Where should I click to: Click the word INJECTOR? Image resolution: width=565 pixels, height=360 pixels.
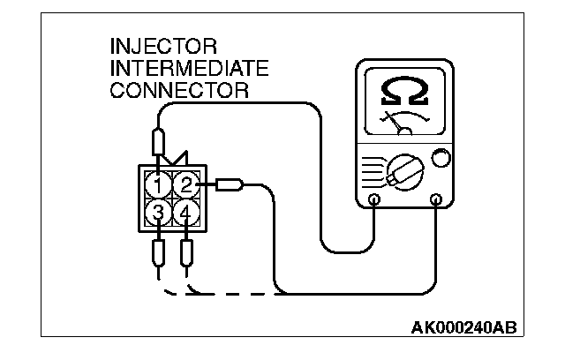click(164, 46)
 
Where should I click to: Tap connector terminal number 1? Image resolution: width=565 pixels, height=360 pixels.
click(158, 185)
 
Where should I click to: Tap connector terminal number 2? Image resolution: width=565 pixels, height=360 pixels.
click(185, 184)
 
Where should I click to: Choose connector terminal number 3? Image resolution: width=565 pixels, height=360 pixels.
click(158, 212)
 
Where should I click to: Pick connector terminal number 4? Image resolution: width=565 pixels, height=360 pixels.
click(185, 212)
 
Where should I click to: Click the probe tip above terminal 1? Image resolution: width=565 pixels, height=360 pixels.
click(158, 141)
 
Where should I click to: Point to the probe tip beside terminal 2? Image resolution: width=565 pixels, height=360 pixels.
click(231, 184)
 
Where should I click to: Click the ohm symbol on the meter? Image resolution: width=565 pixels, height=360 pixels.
click(401, 90)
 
